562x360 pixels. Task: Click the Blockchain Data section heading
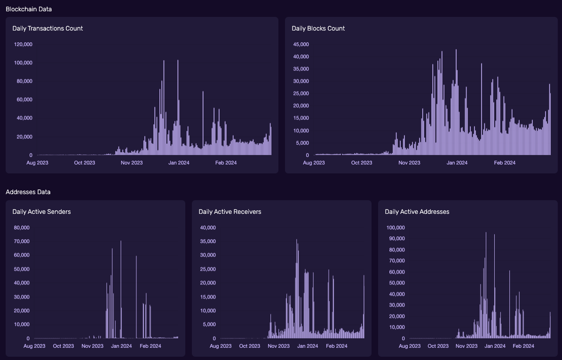pyautogui.click(x=29, y=9)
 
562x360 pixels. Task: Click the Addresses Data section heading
pyautogui.click(x=28, y=192)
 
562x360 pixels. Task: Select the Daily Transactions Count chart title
pyautogui.click(x=47, y=28)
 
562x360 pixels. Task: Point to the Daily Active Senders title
pyautogui.click(x=41, y=211)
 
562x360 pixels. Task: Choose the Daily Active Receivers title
pyautogui.click(x=230, y=211)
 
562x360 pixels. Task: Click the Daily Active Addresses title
pyautogui.click(x=417, y=211)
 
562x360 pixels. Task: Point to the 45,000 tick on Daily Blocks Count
pyautogui.click(x=301, y=44)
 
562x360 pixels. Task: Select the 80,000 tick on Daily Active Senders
pyautogui.click(x=22, y=227)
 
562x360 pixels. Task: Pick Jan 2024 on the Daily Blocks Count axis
pyautogui.click(x=457, y=163)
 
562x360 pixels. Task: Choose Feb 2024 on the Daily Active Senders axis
pyautogui.click(x=150, y=346)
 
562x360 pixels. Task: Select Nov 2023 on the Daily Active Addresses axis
pyautogui.click(x=467, y=346)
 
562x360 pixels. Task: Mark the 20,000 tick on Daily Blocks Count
pyautogui.click(x=301, y=106)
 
